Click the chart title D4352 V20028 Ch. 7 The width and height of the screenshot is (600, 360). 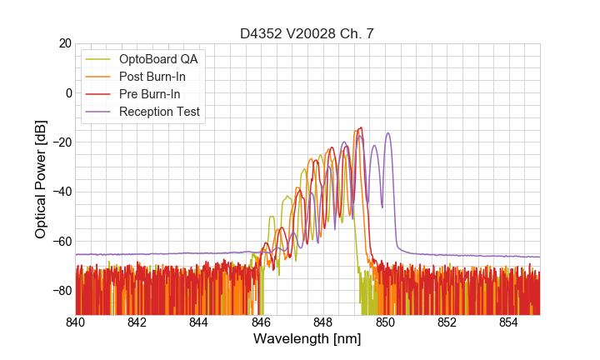click(x=307, y=33)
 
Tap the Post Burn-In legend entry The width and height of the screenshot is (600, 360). click(x=152, y=77)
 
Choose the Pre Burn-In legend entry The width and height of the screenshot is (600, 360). click(x=149, y=94)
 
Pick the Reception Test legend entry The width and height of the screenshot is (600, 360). click(x=159, y=112)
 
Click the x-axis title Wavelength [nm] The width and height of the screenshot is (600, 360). click(x=307, y=339)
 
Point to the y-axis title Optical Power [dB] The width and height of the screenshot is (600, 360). click(x=41, y=179)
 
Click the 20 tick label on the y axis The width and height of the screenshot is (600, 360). click(x=62, y=43)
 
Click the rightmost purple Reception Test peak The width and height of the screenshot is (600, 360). click(x=387, y=133)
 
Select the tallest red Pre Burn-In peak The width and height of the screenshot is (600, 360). click(x=361, y=127)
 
